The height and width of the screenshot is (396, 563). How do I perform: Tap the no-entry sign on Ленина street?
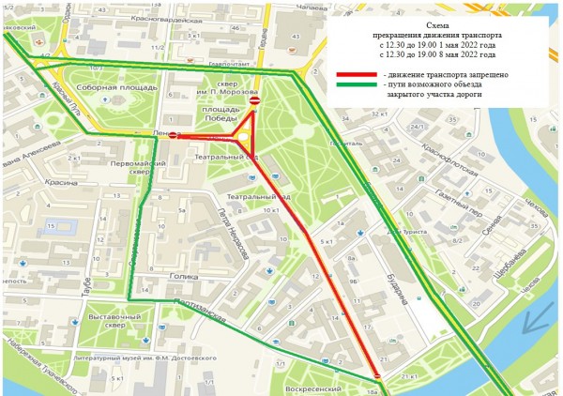(x=173, y=135)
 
